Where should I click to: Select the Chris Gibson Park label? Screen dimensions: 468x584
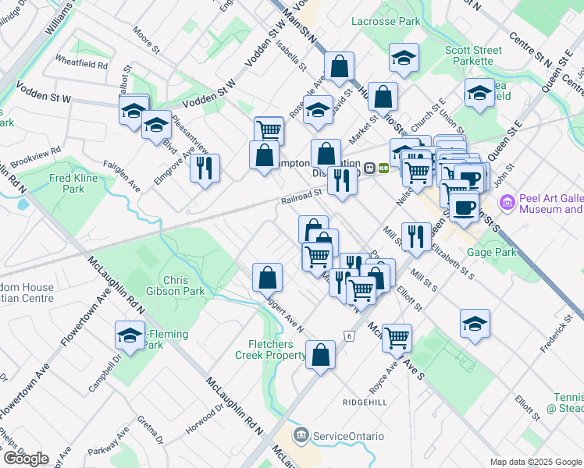[x=183, y=285]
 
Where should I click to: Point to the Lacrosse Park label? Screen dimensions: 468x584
[x=386, y=22]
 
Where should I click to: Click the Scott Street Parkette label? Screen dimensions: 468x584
[x=468, y=55]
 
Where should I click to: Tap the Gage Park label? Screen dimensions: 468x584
[x=514, y=252]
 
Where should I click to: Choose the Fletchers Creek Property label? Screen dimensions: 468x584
[x=270, y=349]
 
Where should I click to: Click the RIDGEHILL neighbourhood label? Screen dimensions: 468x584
[x=365, y=402]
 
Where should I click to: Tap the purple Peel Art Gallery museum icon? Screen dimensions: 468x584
[x=507, y=204]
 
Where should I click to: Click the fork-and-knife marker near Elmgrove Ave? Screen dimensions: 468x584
[x=205, y=168]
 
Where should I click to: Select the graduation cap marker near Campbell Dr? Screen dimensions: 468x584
[x=130, y=336]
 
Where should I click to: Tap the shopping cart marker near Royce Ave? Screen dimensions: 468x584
[x=397, y=338]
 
